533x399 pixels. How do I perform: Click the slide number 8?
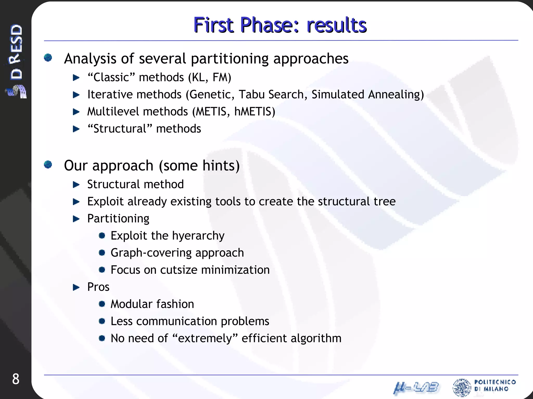16,379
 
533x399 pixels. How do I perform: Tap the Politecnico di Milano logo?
484,387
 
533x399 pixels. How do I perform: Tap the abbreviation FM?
221,77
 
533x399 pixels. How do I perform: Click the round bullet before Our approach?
48,164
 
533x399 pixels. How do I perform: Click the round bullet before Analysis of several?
48,57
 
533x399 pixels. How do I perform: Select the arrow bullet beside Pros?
76,287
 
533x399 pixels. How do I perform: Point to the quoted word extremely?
205,338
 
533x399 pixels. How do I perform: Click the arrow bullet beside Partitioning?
76,219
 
